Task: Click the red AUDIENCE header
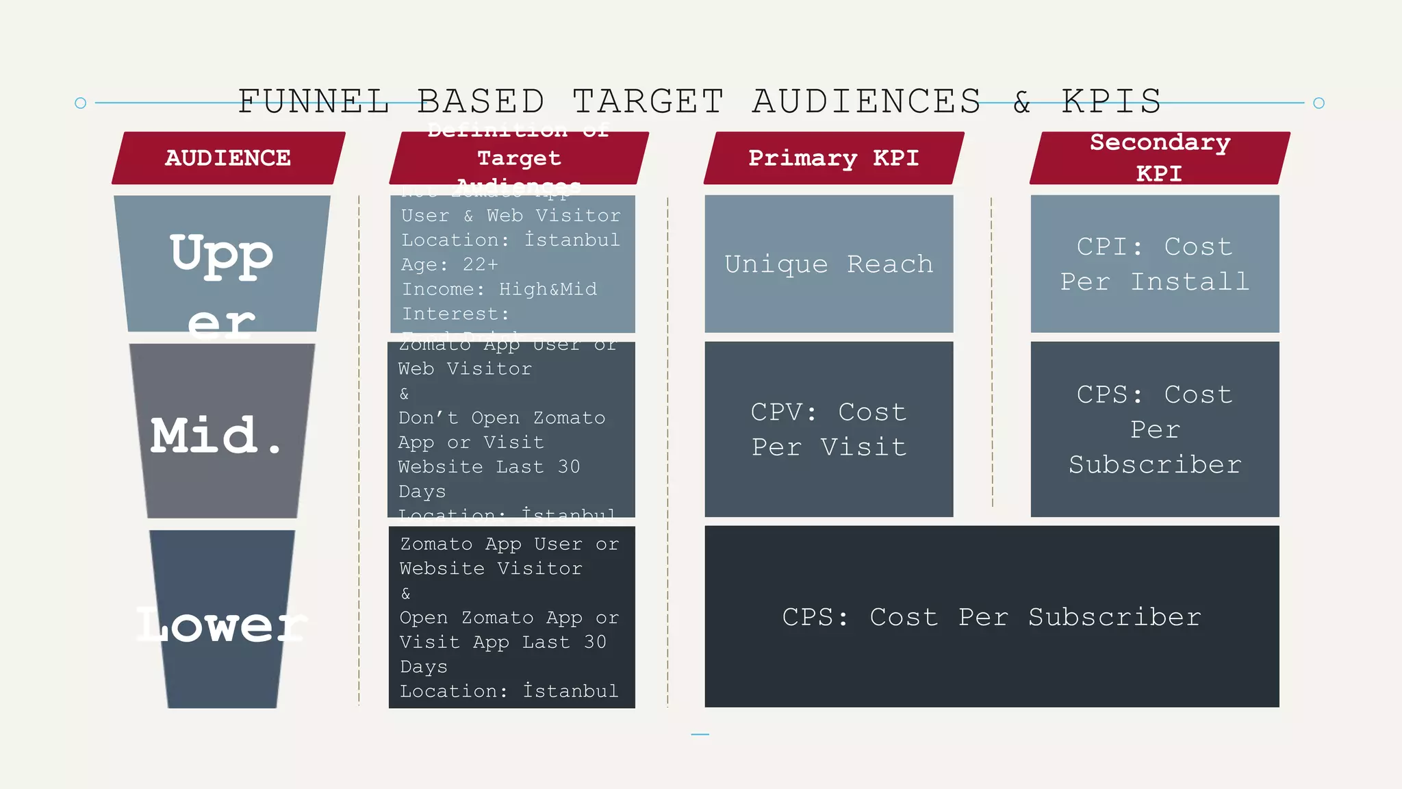228,158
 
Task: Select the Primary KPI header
833,158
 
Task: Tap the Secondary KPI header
1160,158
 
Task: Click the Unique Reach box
828,264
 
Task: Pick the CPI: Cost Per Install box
1155,264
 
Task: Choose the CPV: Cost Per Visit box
828,429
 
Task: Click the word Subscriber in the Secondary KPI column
1155,465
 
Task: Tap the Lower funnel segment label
221,625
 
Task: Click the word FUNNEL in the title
314,101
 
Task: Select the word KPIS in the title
1111,101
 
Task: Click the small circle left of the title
80,103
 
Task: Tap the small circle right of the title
1319,103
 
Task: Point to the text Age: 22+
450,265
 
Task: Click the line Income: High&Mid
499,290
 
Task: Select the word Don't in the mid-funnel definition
428,418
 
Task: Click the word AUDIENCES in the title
867,101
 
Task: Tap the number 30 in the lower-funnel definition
595,642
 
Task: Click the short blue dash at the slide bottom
700,734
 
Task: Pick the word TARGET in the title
648,101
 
